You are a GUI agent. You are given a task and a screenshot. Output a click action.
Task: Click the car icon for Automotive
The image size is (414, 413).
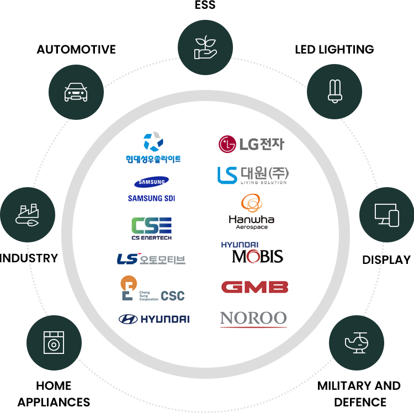(x=76, y=92)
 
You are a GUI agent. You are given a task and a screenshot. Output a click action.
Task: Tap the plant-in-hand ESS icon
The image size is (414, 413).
(x=205, y=47)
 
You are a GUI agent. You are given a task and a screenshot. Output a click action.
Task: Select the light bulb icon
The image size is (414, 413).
(x=333, y=92)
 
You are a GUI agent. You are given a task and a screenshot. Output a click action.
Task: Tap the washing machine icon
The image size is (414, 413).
(x=54, y=342)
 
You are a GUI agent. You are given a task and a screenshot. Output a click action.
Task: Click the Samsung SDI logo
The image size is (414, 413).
(x=151, y=189)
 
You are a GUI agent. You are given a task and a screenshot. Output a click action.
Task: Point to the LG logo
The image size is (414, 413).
(x=251, y=144)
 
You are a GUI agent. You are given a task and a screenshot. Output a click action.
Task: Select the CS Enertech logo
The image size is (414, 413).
(x=151, y=228)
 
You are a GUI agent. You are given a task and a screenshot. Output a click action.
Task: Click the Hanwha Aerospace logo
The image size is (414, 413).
(x=252, y=212)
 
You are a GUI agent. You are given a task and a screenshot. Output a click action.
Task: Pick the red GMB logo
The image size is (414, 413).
(x=254, y=287)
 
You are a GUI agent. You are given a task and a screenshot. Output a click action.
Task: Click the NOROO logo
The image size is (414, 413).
(x=253, y=319)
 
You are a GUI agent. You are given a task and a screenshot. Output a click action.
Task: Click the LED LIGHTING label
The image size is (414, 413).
(x=334, y=50)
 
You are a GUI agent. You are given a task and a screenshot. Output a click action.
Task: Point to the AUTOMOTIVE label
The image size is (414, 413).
(x=76, y=50)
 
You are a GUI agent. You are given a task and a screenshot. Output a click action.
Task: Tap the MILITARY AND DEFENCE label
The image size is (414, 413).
(x=359, y=393)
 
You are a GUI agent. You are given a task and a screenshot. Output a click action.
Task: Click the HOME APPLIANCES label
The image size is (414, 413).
(x=54, y=393)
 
